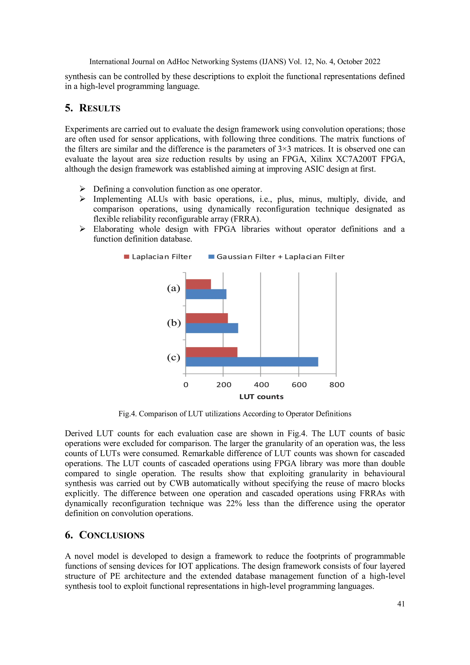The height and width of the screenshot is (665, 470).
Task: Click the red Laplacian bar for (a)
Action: click(x=198, y=284)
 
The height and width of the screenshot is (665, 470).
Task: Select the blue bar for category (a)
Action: click(x=206, y=294)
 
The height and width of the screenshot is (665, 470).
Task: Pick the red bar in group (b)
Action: click(x=207, y=318)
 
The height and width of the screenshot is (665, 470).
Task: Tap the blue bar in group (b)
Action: click(x=212, y=328)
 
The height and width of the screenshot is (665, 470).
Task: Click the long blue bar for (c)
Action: click(x=252, y=362)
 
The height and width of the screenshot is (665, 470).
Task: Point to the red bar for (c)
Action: click(x=211, y=352)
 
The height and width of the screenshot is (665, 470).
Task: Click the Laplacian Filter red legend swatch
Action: click(x=126, y=257)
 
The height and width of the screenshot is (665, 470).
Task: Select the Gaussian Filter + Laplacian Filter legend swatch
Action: click(x=211, y=257)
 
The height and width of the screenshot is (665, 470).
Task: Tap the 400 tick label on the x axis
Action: click(x=261, y=385)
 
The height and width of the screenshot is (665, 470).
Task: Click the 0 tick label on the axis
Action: click(x=186, y=385)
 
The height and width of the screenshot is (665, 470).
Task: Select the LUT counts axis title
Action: click(x=261, y=397)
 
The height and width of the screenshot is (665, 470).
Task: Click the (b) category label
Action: click(x=174, y=323)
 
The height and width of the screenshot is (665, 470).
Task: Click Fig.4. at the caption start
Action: click(x=127, y=414)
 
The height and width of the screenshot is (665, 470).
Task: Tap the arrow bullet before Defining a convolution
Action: click(x=83, y=189)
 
